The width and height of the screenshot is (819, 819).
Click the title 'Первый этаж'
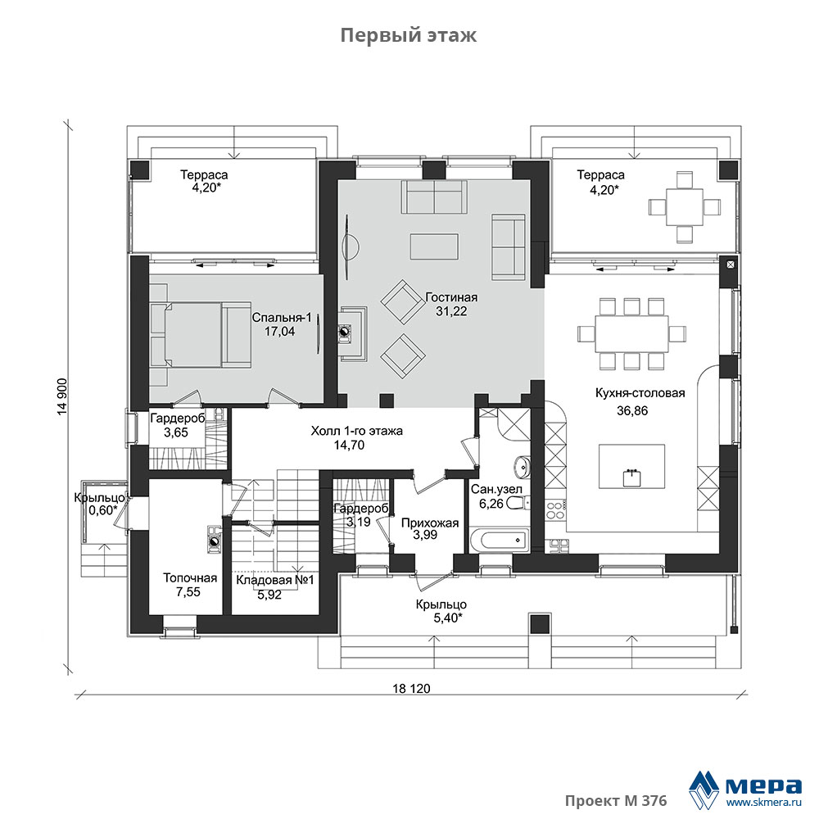409,35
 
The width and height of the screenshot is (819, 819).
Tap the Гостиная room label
451,297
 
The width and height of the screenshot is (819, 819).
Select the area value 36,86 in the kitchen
632,410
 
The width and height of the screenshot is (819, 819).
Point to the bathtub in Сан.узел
500,540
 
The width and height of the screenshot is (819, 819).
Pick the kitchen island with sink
631,467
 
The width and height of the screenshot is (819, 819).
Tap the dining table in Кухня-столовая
632,334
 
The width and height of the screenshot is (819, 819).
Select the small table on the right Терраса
684,207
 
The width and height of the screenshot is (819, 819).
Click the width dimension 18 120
412,689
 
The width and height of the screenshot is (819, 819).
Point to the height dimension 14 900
62,396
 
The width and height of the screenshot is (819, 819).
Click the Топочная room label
190,577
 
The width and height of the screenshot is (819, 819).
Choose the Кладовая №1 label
274,580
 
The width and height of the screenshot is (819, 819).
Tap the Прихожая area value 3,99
425,534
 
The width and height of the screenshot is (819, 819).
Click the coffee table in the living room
434,247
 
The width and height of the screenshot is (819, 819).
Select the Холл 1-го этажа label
357,431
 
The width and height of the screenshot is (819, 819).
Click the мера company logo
745,789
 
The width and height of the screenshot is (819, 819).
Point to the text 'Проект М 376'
616,801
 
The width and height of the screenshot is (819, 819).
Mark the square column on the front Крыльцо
540,623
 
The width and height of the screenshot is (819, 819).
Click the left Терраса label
204,175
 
